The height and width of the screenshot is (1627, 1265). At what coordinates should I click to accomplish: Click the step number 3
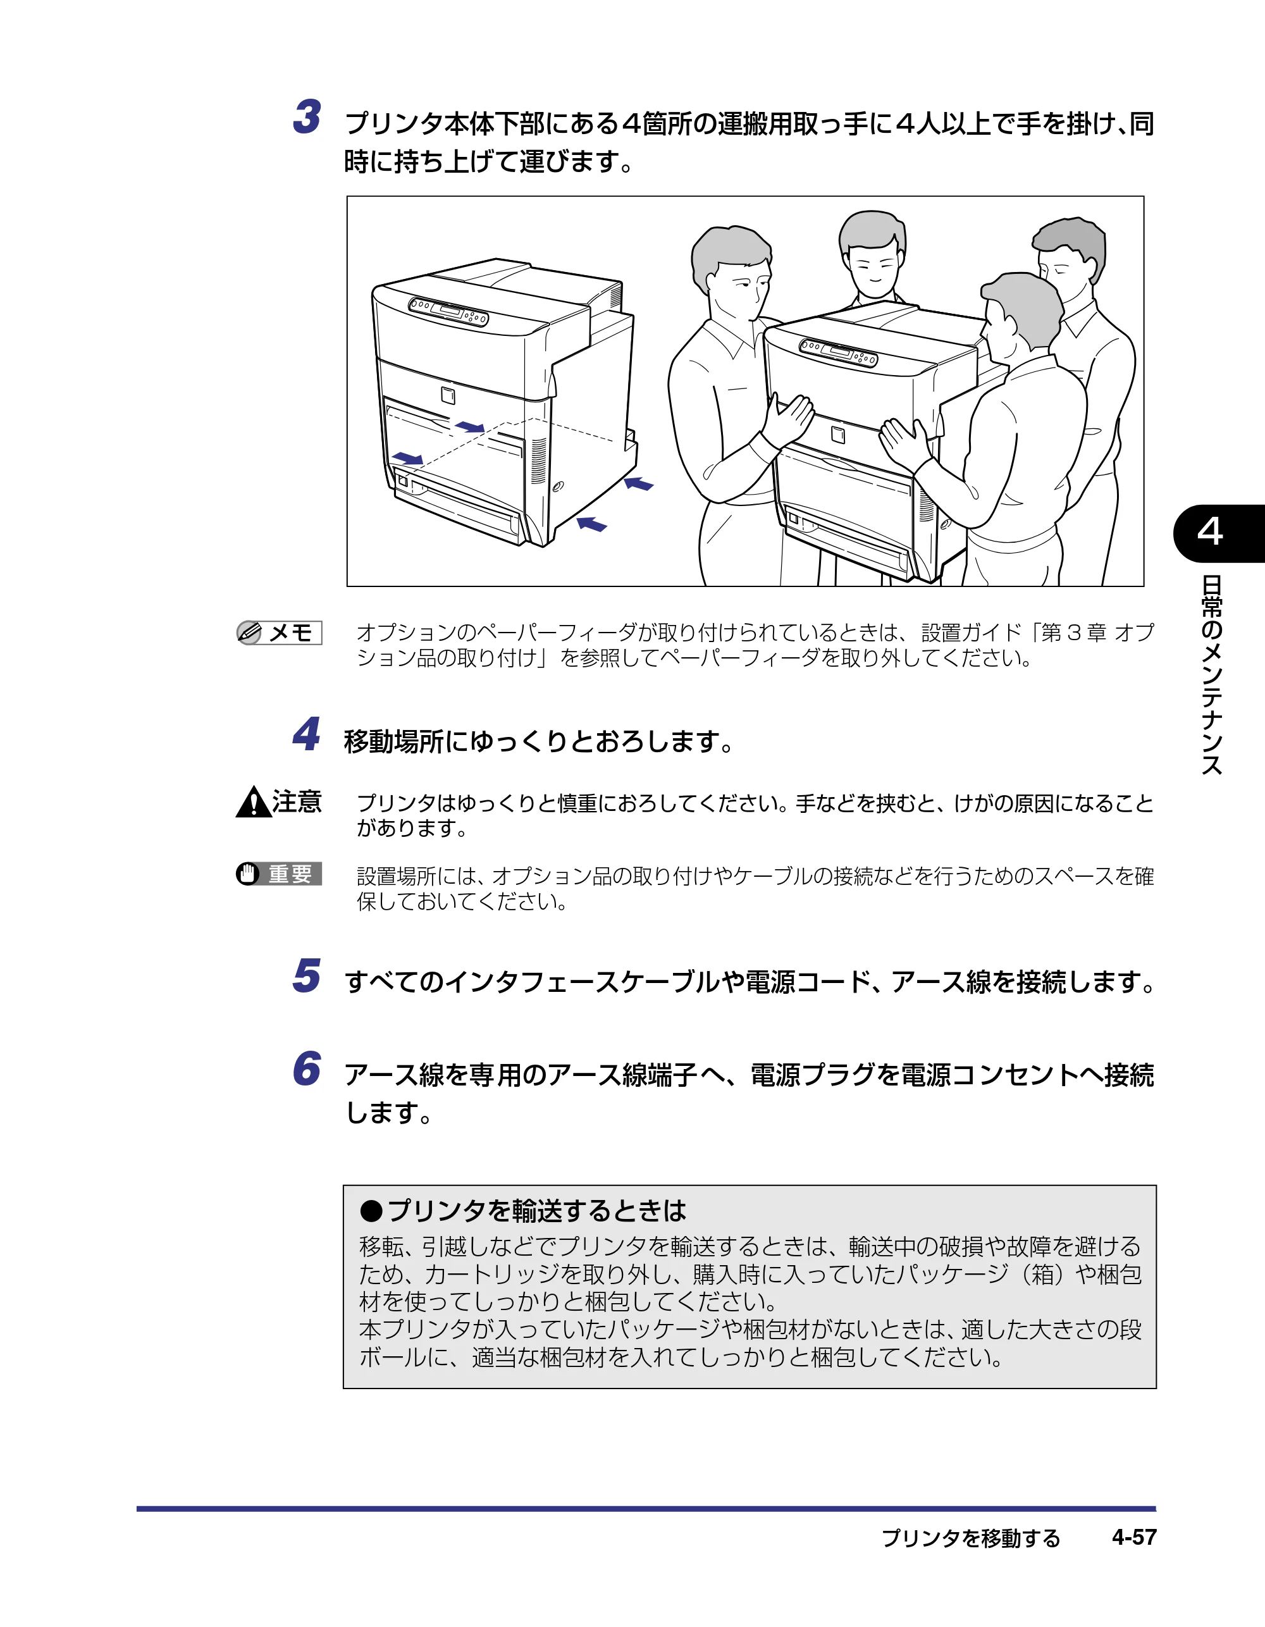click(x=307, y=117)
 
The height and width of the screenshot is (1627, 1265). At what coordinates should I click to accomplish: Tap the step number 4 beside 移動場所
click(x=306, y=734)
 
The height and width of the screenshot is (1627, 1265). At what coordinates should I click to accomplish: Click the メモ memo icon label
click(x=279, y=633)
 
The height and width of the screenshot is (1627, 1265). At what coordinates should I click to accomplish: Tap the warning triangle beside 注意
click(x=253, y=802)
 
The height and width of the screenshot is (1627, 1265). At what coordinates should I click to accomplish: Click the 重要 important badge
click(x=279, y=873)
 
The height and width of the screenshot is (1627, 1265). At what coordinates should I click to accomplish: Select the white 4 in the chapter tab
click(x=1210, y=532)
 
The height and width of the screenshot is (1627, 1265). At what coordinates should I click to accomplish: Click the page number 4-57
click(x=1134, y=1537)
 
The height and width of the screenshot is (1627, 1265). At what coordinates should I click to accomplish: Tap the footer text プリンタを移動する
click(x=971, y=1538)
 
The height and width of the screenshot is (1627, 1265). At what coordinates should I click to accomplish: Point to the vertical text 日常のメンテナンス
click(x=1211, y=675)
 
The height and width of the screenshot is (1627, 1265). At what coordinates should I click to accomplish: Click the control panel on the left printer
click(x=448, y=311)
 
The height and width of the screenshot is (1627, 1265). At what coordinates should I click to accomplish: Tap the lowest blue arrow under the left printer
click(x=592, y=524)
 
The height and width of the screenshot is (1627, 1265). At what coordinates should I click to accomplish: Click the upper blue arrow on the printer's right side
click(x=638, y=483)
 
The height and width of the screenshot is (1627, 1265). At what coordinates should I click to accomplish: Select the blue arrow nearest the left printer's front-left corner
click(x=407, y=457)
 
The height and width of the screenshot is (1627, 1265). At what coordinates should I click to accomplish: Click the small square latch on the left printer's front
click(x=448, y=394)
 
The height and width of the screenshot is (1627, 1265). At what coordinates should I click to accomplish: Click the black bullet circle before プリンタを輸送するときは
click(x=371, y=1211)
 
